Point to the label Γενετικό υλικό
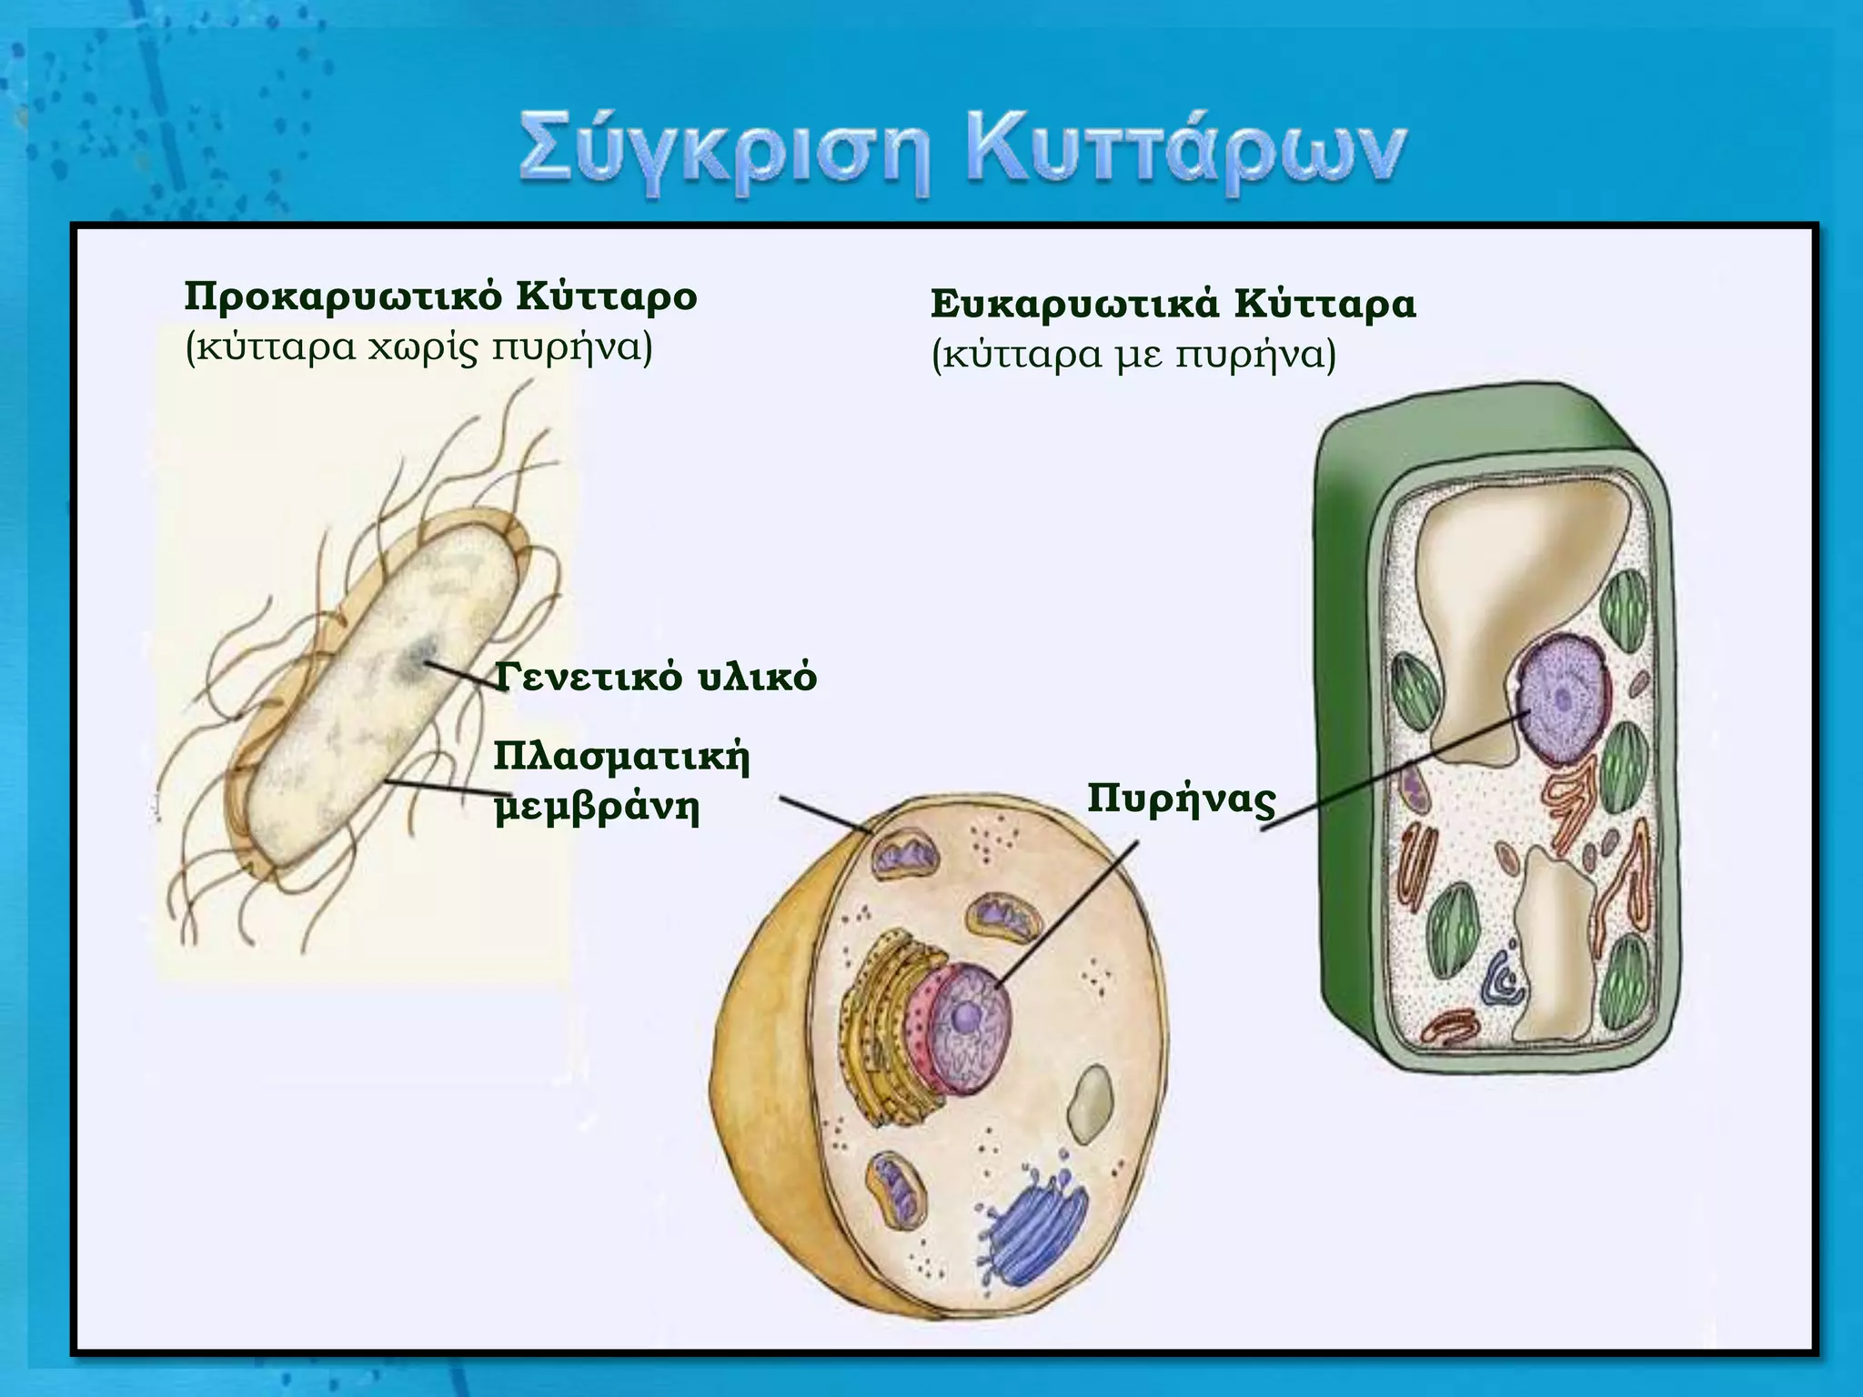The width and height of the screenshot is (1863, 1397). [656, 678]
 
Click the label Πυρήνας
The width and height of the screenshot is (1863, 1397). [1181, 799]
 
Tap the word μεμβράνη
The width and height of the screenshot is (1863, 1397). [597, 807]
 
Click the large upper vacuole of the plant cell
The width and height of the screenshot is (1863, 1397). [1510, 591]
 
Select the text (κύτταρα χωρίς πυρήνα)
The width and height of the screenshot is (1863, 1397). [418, 348]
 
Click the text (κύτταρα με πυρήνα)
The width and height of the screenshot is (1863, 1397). [1133, 355]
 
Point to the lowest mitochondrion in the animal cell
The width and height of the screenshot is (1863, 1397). [895, 1191]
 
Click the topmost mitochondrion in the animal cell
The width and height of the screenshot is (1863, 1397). [905, 856]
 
